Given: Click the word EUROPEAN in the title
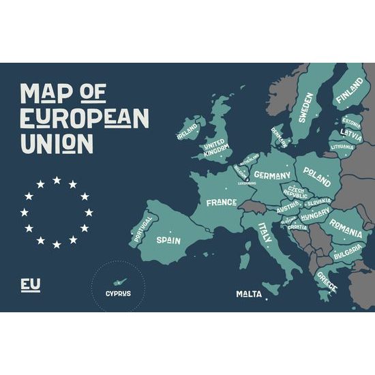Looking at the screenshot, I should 85,118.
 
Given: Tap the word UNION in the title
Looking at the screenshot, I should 57,143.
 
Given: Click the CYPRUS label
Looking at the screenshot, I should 118,294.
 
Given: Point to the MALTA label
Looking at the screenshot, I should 250,295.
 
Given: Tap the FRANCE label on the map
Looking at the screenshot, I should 222,202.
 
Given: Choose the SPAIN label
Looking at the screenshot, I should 168,240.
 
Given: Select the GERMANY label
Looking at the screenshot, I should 272,175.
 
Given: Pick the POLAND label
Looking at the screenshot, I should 317,173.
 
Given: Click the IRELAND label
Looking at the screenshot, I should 187,130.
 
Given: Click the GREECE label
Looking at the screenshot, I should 327,281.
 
